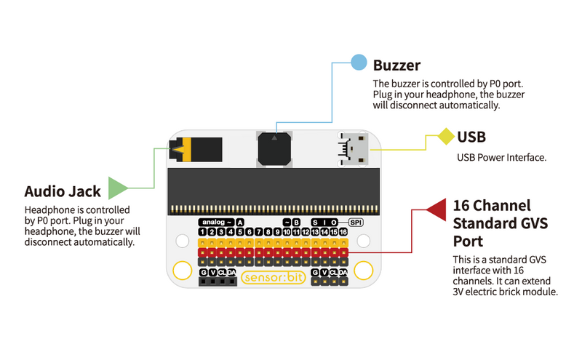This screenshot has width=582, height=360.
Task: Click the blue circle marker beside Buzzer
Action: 359,62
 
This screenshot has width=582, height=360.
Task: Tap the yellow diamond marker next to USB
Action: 445,137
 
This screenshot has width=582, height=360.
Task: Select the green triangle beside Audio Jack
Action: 116,188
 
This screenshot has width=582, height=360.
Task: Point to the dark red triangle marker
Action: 437,209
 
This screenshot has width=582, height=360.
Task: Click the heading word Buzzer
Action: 396,65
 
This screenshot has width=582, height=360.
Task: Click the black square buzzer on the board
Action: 274,149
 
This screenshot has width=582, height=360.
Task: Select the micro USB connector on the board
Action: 355,148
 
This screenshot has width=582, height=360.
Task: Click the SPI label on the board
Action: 356,222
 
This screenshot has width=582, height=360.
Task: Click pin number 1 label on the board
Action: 202,232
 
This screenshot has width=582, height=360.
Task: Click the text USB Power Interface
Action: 501,157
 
